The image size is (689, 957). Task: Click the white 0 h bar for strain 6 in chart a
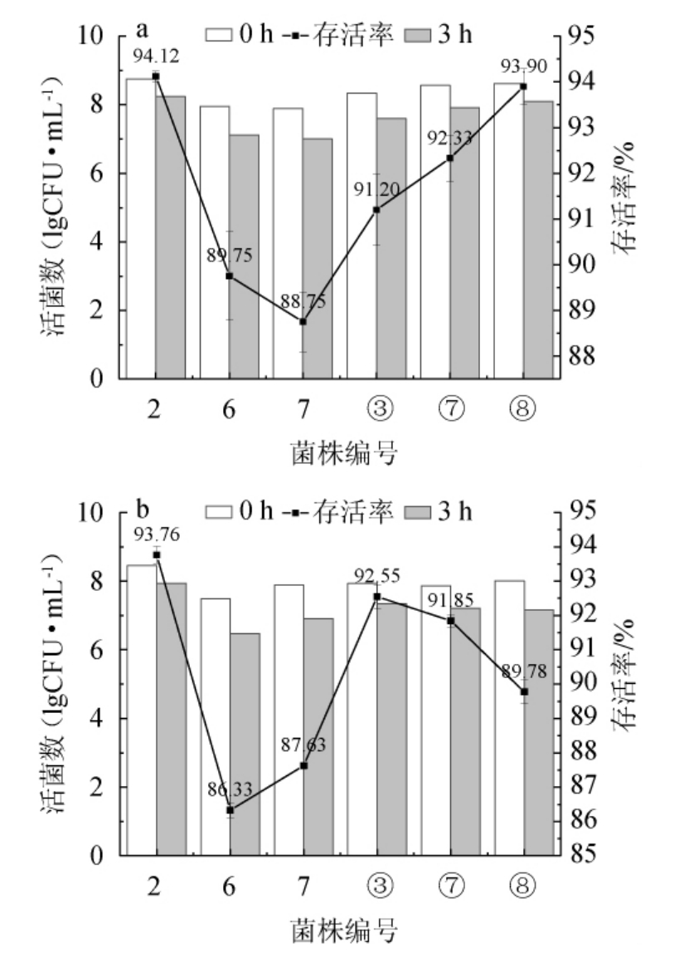click(215, 242)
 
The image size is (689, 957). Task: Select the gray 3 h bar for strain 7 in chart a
click(318, 258)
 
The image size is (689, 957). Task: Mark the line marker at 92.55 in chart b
click(377, 597)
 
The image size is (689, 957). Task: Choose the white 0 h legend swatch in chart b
click(220, 511)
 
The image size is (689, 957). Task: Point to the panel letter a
click(142, 31)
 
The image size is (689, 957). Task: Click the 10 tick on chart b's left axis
click(98, 512)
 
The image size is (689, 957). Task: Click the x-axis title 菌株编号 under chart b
click(343, 928)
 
